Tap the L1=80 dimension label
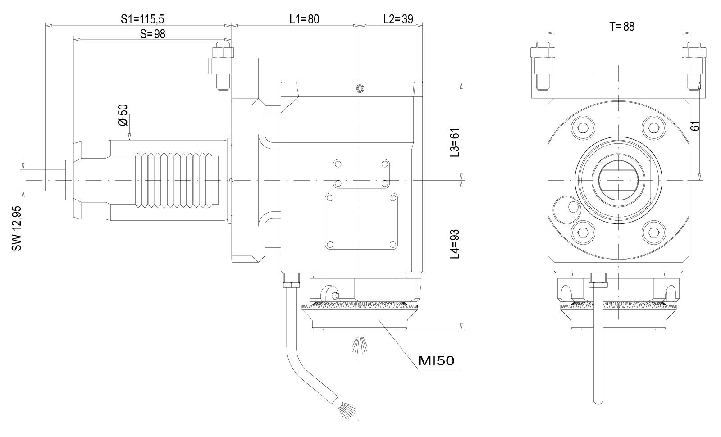(x=304, y=19)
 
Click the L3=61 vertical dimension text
(x=455, y=143)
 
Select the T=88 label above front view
(x=622, y=27)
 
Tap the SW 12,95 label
(x=17, y=229)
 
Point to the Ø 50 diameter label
(x=123, y=115)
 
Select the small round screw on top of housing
(x=360, y=88)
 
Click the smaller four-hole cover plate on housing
(x=361, y=173)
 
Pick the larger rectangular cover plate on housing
(x=361, y=222)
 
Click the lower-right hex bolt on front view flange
(x=654, y=232)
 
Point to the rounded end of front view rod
(x=598, y=401)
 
